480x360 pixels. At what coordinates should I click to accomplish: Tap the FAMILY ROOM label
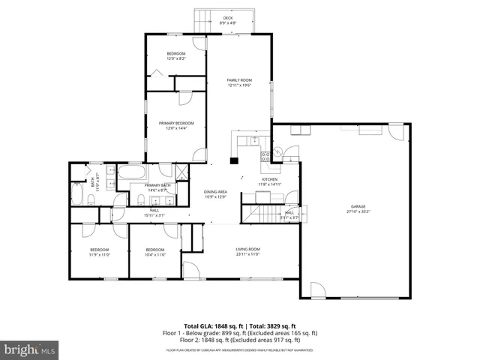pyautogui.click(x=240, y=80)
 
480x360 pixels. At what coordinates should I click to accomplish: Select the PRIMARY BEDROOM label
pyautogui.click(x=176, y=123)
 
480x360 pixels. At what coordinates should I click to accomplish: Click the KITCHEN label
pyautogui.click(x=270, y=179)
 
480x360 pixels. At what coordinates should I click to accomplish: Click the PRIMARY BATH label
pyautogui.click(x=157, y=185)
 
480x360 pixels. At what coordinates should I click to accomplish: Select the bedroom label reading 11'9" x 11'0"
pyautogui.click(x=100, y=250)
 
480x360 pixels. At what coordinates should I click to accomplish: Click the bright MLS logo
pyautogui.click(x=30, y=349)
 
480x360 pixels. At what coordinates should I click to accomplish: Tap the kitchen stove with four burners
pyautogui.click(x=265, y=157)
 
